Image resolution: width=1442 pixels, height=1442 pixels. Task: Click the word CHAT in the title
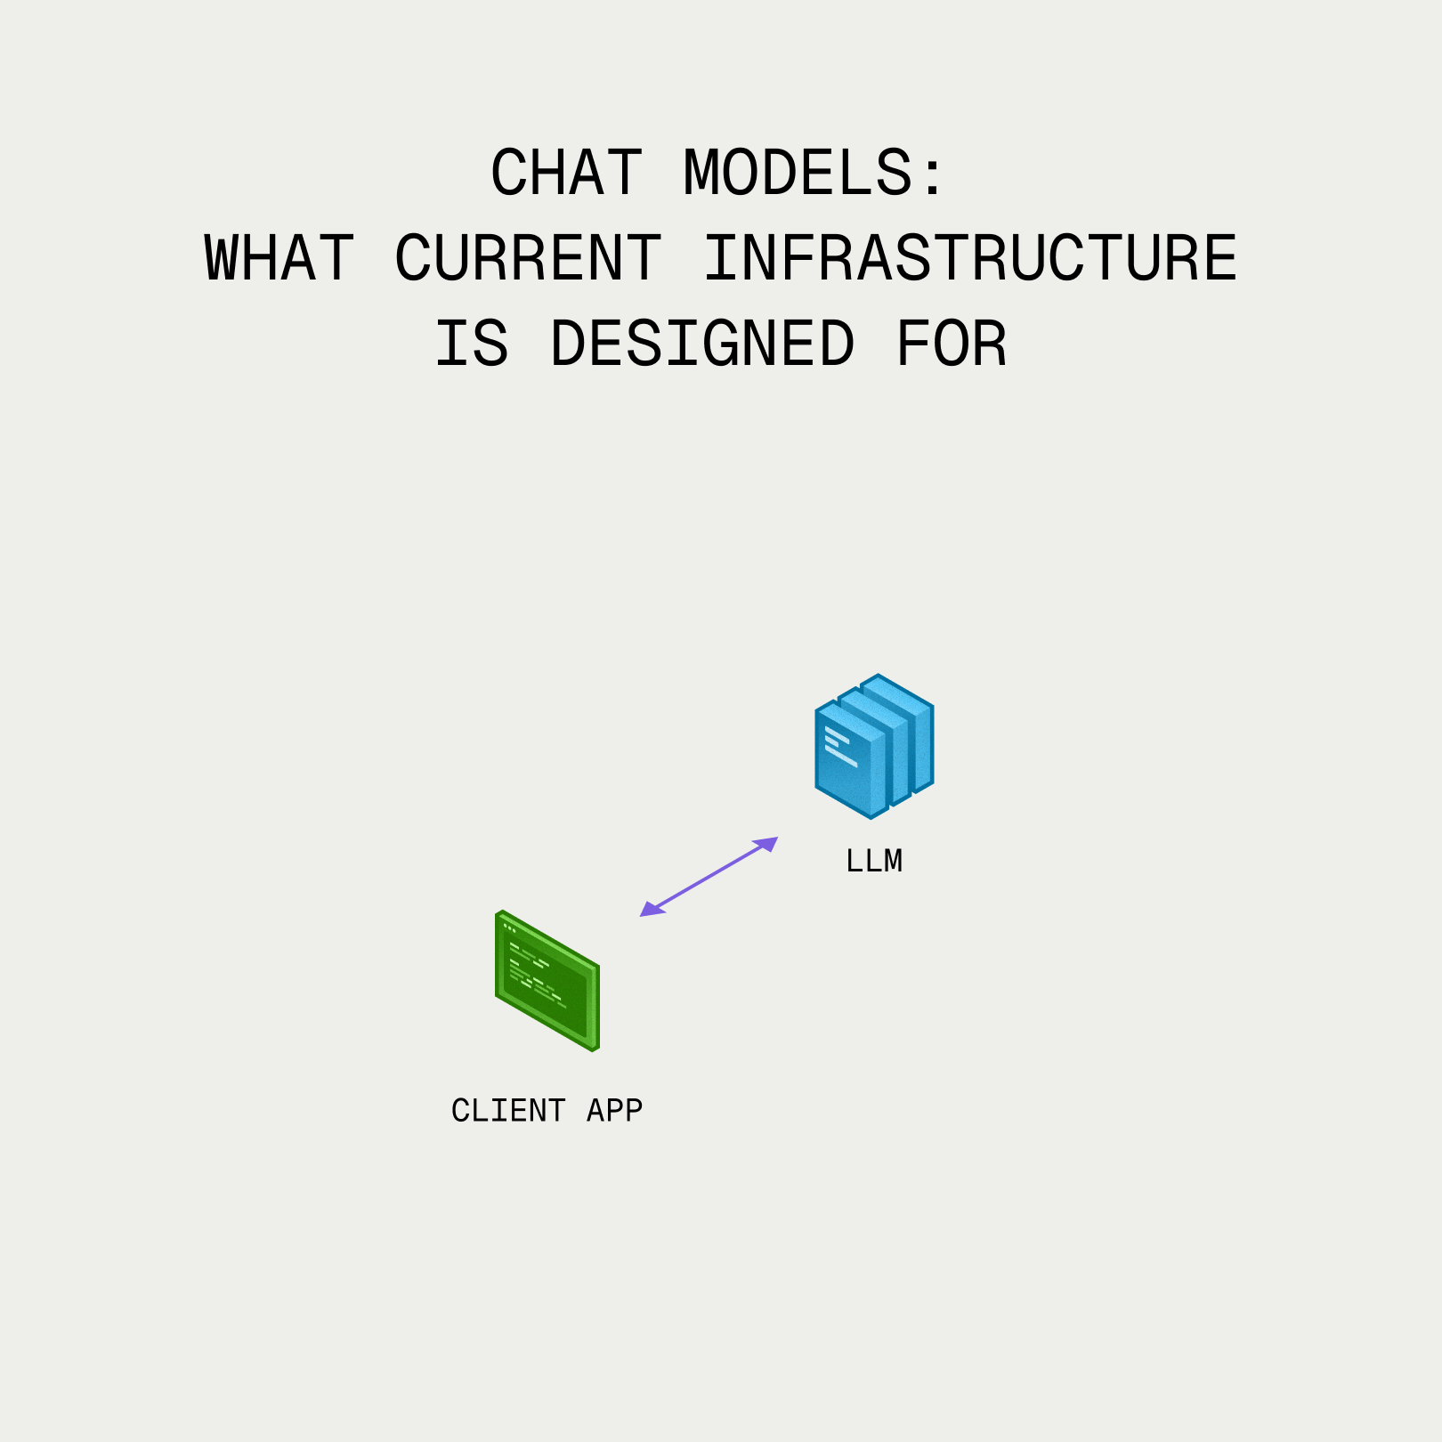click(566, 173)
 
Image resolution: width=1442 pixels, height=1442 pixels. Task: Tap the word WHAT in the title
click(279, 258)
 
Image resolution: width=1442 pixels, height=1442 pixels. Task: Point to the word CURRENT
click(528, 258)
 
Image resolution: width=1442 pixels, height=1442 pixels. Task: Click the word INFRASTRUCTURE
click(970, 258)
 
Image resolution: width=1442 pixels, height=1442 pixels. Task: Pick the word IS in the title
click(472, 344)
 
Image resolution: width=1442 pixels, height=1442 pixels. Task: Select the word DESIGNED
click(702, 344)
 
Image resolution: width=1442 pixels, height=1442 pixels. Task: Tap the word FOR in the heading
click(951, 344)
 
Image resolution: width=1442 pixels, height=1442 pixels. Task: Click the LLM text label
click(874, 861)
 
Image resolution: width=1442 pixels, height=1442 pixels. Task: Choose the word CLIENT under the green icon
click(508, 1111)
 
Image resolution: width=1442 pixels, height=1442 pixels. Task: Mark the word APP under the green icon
click(614, 1111)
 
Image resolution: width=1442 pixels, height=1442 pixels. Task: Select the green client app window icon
click(547, 981)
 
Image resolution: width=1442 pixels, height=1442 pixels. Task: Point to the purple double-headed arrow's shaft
click(709, 877)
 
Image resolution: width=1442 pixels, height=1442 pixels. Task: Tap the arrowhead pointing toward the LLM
click(767, 843)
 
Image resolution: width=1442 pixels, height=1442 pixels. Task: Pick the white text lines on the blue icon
click(838, 746)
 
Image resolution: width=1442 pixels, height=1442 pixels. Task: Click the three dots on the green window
click(509, 928)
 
